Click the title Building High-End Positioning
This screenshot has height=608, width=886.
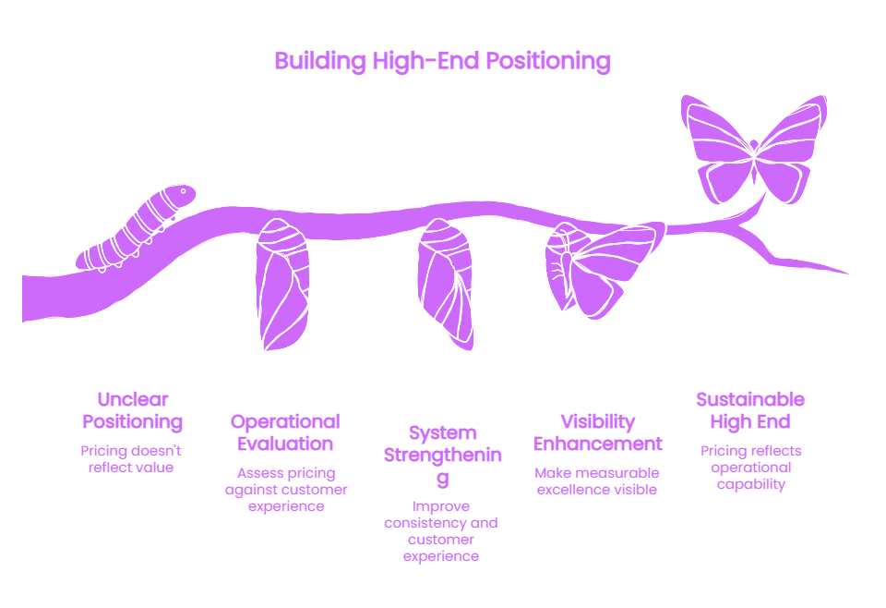point(442,62)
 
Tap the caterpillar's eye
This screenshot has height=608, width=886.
point(183,191)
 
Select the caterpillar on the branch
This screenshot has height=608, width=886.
point(136,228)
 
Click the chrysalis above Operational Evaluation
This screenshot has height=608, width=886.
point(282,285)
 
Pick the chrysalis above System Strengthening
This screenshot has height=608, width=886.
point(445,284)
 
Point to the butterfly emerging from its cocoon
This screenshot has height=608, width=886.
point(603,269)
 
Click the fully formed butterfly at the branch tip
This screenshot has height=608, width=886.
point(754,150)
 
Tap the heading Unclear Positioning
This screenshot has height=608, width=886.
point(133,410)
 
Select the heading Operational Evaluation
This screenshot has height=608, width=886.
point(285,432)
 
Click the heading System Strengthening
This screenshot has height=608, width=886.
point(442,456)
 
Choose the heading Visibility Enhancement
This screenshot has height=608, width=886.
point(598,432)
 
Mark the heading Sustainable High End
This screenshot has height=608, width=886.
point(750,410)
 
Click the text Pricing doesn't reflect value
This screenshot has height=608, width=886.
point(131,459)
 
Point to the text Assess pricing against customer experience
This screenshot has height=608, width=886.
point(286,490)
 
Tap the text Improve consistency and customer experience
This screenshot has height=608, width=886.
point(441,531)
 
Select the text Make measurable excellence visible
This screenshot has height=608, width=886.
point(597,481)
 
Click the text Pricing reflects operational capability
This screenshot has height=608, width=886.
point(751,468)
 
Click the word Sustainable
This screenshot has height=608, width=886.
point(750,399)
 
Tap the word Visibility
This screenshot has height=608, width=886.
point(598,422)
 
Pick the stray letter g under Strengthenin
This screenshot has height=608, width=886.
point(443,479)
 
